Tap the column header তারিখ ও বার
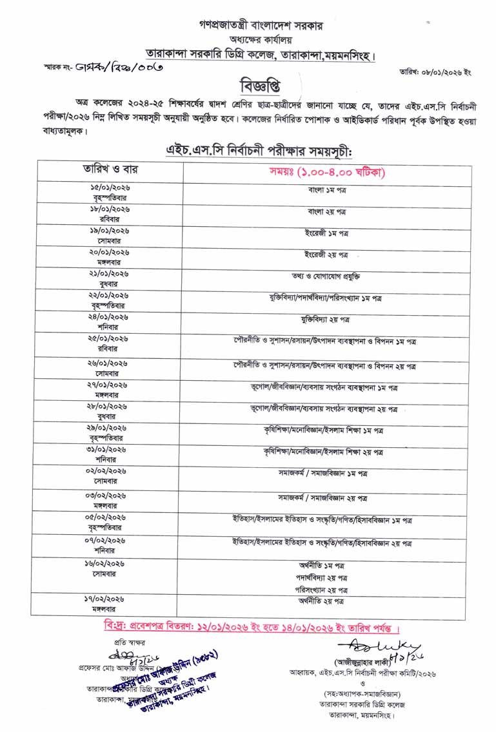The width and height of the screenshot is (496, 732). click(x=110, y=170)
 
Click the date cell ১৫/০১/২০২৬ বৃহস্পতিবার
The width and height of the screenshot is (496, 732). click(x=110, y=192)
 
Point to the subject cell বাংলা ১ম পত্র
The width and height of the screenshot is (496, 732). click(x=327, y=190)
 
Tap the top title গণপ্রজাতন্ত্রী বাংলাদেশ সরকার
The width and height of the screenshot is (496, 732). click(x=261, y=26)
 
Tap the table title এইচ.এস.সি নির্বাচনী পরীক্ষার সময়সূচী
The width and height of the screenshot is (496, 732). click(x=258, y=151)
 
